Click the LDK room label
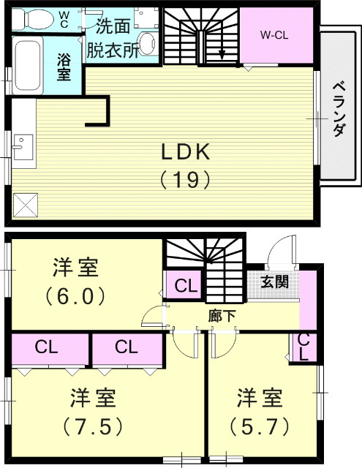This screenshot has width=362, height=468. point(186,151)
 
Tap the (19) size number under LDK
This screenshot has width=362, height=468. point(186,178)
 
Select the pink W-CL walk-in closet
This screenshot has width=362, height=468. point(274,36)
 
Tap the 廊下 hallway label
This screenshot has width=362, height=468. point(223,316)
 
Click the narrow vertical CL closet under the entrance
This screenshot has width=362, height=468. point(303,347)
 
